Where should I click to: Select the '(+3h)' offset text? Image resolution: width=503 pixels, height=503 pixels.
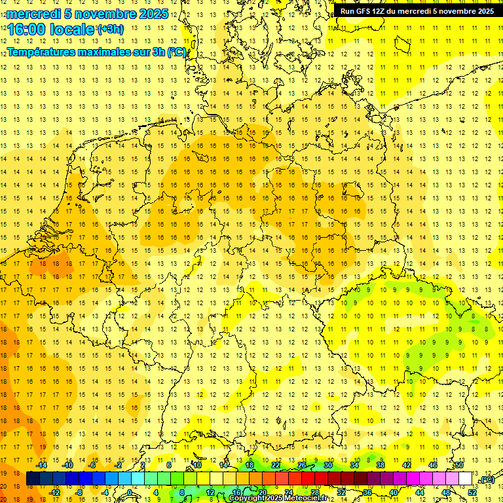pos(109,29)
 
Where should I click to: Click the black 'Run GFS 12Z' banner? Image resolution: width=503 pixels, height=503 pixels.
pos(417,11)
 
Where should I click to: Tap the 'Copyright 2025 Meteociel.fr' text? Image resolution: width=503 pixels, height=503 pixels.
pos(278,498)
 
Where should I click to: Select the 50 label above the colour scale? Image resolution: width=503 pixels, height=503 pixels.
pos(459,465)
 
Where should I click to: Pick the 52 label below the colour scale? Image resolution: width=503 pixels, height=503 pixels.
pos(472,493)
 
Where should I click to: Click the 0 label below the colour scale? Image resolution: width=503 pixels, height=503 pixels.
pos(130,493)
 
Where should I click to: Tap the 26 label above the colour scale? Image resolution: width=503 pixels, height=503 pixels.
pos(302,465)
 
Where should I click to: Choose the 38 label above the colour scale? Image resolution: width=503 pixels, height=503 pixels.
pos(381,465)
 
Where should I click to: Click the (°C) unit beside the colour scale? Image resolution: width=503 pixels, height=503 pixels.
pos(487,480)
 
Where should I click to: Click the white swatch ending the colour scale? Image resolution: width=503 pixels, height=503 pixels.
pos(466,479)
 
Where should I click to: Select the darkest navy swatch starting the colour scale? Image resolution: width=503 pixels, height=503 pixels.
pos(33,479)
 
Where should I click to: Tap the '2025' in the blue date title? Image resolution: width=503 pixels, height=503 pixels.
pos(153,14)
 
